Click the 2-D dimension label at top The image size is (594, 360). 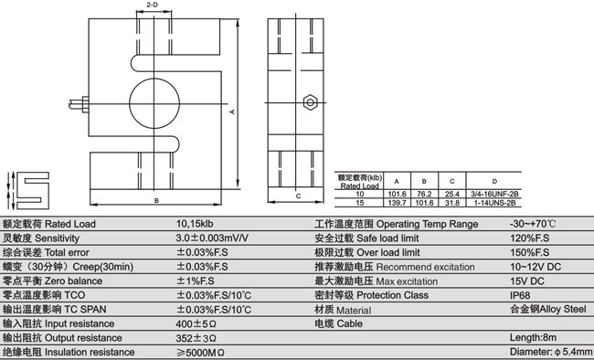(x=152, y=5)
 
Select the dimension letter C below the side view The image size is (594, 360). (x=298, y=196)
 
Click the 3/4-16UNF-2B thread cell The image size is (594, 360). (x=494, y=194)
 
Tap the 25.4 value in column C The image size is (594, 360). (x=451, y=194)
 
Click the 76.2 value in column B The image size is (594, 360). (x=424, y=194)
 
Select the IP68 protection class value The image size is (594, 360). (x=522, y=296)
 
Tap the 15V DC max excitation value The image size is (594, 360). (x=527, y=281)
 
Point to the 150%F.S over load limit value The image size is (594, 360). (x=529, y=251)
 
